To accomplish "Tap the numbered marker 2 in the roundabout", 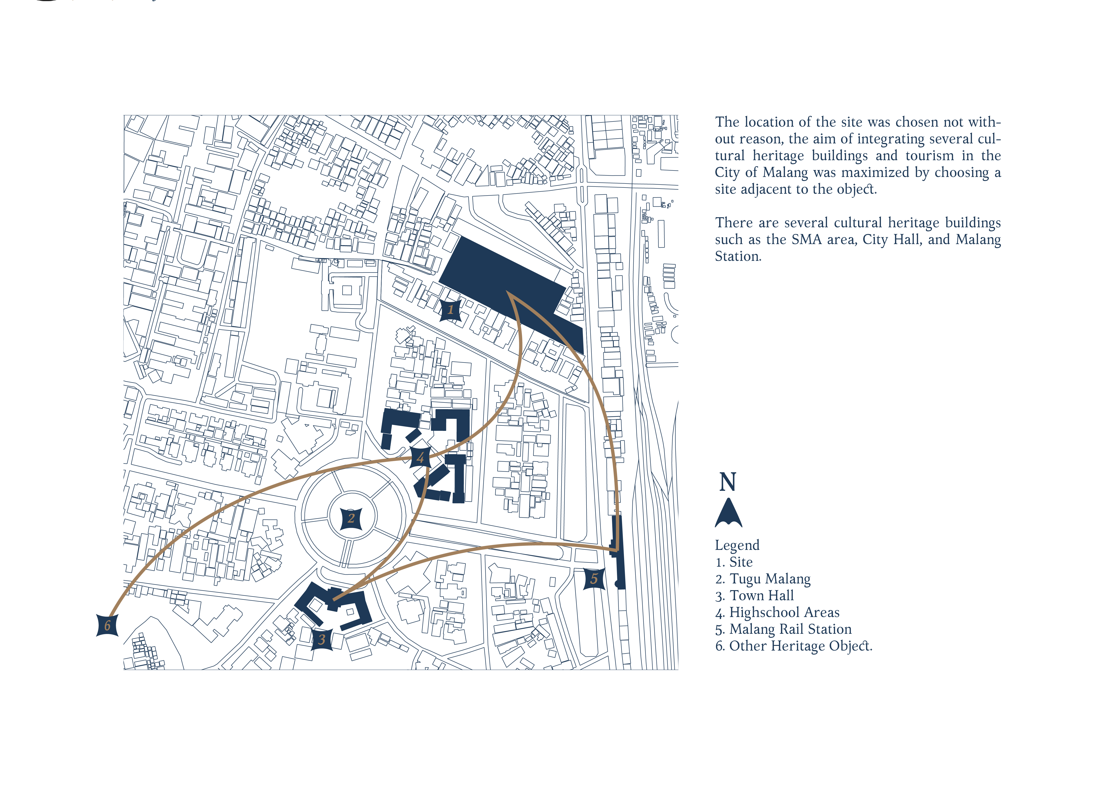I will click(351, 519).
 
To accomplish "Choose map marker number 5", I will click(594, 579).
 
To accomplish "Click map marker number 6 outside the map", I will click(107, 625).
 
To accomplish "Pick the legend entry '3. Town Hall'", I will click(755, 596).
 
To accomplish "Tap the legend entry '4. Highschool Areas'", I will click(777, 613).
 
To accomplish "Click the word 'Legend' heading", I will click(737, 545).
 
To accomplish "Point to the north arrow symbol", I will click(728, 513).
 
